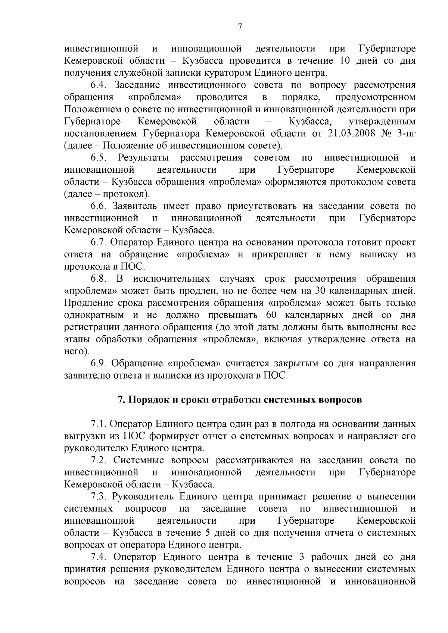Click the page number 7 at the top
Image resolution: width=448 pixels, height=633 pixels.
(x=240, y=26)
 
